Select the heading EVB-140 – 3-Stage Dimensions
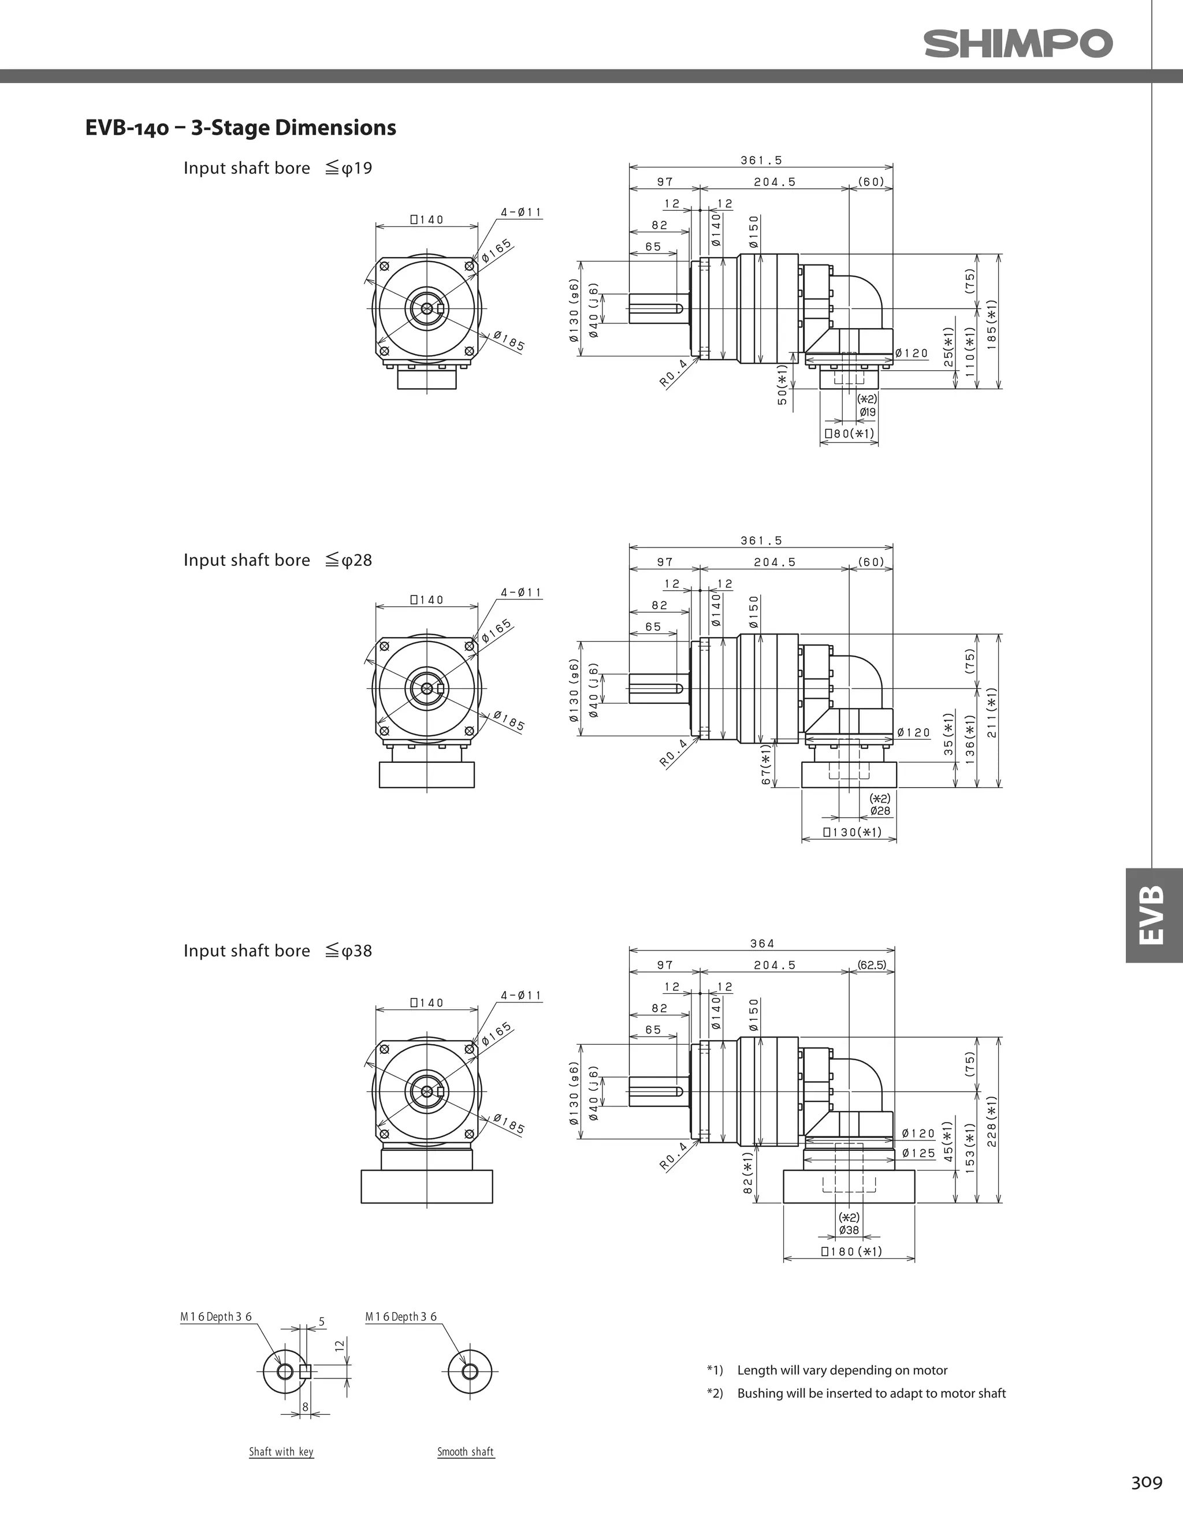240,128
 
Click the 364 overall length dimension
762,943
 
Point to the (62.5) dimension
872,964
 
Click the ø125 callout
919,1153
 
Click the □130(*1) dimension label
852,832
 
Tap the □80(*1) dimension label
849,434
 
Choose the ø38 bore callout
849,1231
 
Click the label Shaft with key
281,1451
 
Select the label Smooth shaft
466,1451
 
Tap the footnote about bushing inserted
870,1393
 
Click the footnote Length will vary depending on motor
842,1370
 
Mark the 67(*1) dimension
766,766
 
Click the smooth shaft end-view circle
469,1371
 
